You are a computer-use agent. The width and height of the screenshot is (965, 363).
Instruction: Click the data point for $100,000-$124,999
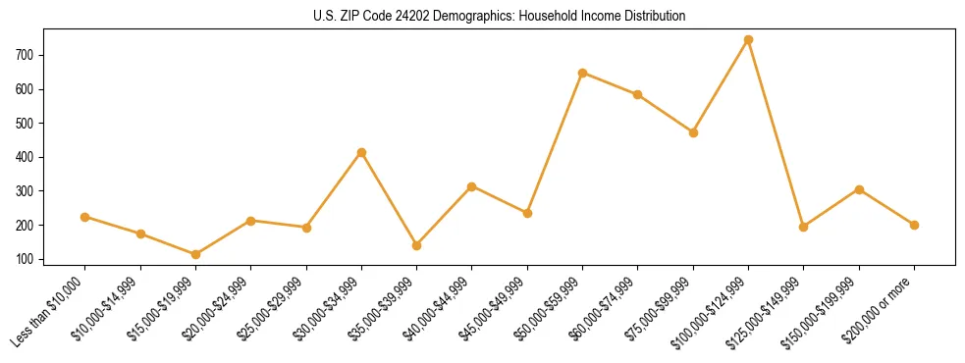748,40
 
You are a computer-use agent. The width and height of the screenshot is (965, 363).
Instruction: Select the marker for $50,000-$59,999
582,73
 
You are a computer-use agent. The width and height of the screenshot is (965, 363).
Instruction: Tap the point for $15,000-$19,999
195,255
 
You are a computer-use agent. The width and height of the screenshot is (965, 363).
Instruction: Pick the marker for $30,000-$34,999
361,153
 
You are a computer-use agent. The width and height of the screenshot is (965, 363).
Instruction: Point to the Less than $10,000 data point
85,217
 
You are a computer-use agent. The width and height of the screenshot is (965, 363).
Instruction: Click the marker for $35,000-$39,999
416,245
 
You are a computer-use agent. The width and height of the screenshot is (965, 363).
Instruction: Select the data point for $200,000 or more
914,225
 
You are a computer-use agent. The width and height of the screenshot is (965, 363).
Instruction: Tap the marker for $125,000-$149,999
803,227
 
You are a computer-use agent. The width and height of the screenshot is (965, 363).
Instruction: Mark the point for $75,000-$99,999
693,132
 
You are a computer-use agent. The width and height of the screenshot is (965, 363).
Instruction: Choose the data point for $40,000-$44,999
472,186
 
